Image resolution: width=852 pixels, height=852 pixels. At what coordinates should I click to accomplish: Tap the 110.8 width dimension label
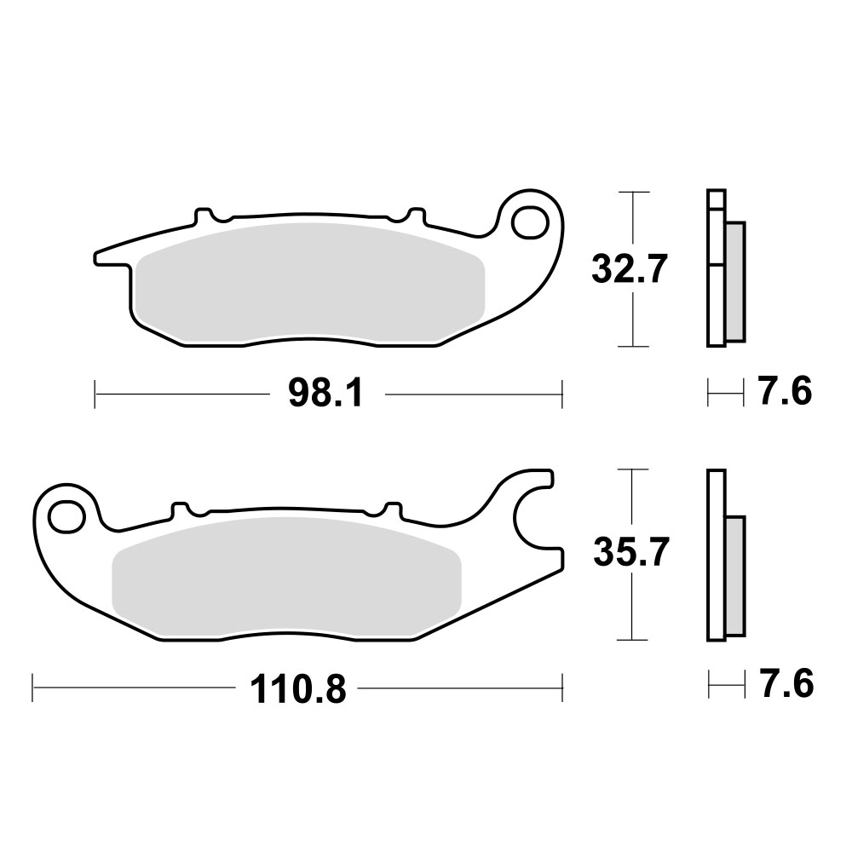click(298, 688)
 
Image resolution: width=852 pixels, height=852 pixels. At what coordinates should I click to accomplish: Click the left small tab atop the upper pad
click(203, 213)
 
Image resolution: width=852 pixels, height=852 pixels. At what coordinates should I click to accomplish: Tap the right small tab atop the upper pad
click(416, 215)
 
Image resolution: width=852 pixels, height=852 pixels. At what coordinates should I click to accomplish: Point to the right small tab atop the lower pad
click(393, 509)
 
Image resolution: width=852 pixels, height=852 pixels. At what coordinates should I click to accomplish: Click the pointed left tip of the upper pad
click(96, 256)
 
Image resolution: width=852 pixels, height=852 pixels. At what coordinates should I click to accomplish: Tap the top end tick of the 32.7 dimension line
click(630, 193)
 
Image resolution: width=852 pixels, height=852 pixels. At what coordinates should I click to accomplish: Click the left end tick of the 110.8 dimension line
click(32, 687)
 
